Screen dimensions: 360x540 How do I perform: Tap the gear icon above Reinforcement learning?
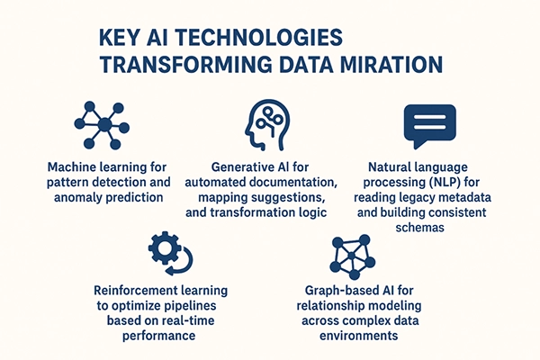(x=167, y=251)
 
